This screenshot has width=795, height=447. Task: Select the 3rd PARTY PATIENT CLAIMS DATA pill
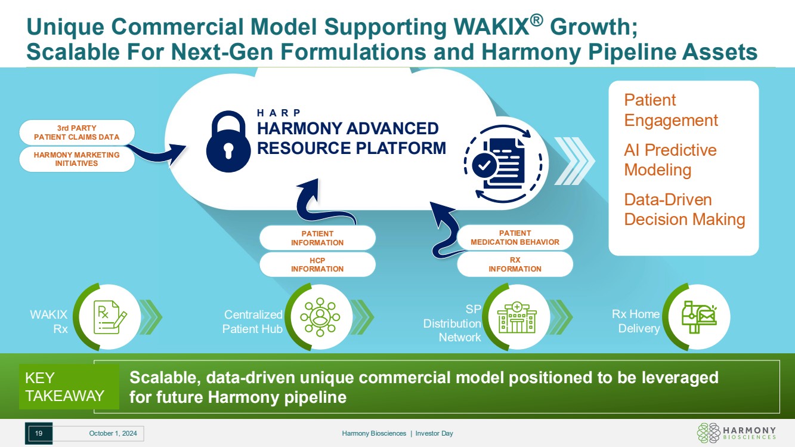point(76,132)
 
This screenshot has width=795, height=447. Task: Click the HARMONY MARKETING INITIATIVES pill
point(76,159)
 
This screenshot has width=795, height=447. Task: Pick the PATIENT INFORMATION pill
point(317,238)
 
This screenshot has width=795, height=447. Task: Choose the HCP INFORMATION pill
point(317,264)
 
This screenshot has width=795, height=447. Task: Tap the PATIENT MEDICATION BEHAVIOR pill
point(515,238)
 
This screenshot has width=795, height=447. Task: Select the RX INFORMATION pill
point(515,264)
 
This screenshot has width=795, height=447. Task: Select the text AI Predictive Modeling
point(670,160)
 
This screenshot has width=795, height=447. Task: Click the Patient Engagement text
point(670,110)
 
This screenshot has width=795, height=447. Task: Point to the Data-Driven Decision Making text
point(684,209)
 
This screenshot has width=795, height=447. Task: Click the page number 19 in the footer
point(39,433)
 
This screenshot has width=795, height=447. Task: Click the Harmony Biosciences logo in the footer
point(737,433)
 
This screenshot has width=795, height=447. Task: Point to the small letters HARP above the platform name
point(279,113)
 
